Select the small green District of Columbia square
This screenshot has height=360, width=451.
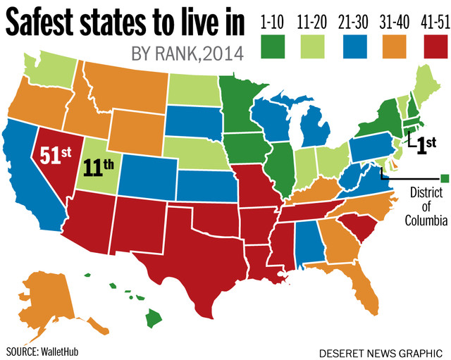pyautogui.click(x=444, y=177)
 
